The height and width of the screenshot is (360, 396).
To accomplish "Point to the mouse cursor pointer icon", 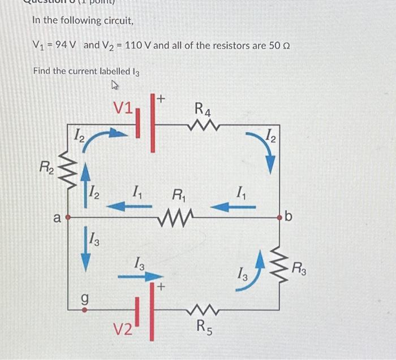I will coord(116,85).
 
